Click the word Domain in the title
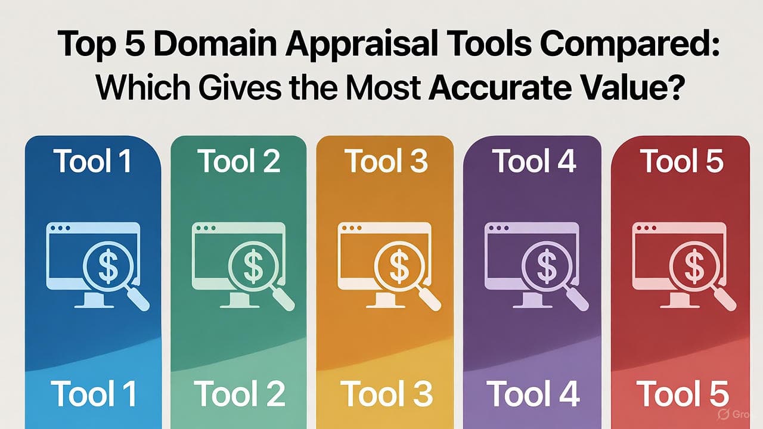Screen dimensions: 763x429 point(215,44)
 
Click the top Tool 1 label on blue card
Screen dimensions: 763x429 point(92,161)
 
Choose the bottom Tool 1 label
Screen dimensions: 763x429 point(93,394)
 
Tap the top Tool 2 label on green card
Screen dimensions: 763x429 point(240,161)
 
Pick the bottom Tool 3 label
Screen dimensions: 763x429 point(386,394)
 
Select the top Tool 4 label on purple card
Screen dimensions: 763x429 point(535,161)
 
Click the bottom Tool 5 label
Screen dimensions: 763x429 point(683,394)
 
